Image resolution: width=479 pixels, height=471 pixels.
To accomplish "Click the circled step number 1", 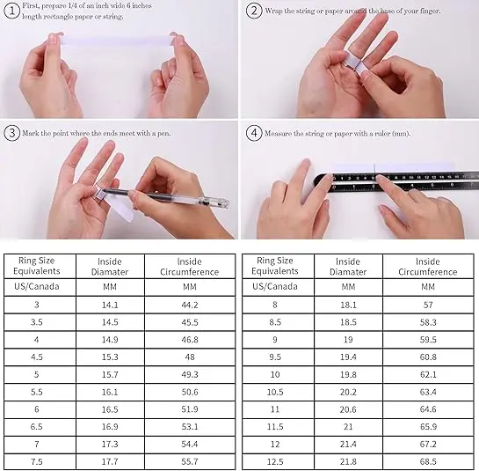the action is pos(12,11).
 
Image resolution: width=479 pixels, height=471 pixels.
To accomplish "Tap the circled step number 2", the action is pos(254,11).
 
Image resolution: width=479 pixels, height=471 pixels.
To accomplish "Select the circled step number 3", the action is pos(12,133).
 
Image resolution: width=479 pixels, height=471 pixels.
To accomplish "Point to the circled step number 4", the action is pos(254,133).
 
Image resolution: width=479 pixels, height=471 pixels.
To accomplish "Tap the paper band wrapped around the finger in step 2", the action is pos(353,65).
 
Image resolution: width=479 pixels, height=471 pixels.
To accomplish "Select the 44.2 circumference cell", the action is pos(190,305).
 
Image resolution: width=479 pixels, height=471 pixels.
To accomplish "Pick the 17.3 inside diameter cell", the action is pos(110,444).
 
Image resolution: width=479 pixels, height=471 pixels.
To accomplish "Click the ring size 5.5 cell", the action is pos(37,392).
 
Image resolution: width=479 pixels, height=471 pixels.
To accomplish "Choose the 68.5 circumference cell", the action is pos(428,461).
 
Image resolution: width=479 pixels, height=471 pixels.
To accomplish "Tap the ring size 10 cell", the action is pos(275,374).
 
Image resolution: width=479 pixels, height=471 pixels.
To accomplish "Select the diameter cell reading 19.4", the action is pos(348,357).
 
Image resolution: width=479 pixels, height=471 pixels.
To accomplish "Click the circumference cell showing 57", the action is pos(428,305).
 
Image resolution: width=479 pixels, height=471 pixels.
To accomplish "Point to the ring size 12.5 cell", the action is pos(275,461).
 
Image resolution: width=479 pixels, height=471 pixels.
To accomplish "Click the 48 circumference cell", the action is pos(190,357).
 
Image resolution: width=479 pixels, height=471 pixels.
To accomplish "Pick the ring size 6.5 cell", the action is pos(37,427).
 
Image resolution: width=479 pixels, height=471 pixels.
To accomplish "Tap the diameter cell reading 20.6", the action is pos(348,409).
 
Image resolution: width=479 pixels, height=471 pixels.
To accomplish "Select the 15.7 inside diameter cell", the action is pos(110,374).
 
